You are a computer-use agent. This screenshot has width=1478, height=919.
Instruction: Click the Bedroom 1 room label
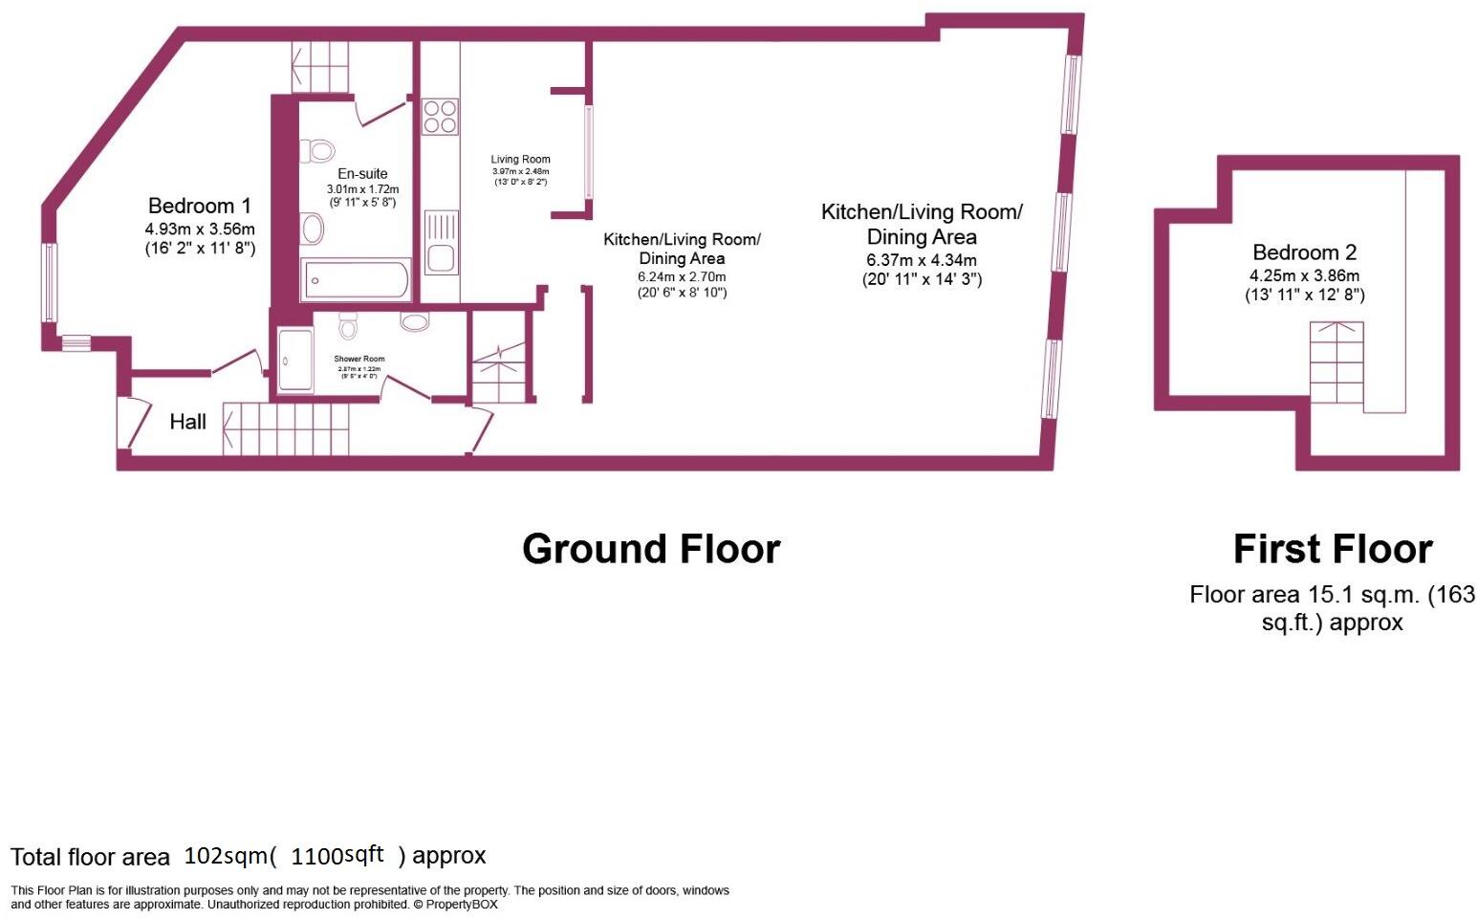pos(199,206)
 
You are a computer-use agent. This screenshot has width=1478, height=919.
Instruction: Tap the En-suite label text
pos(362,174)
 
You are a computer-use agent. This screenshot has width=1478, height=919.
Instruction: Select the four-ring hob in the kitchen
pos(440,117)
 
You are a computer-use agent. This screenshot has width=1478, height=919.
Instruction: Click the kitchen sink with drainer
pos(441,243)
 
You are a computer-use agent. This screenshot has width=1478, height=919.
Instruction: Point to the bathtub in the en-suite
pos(356,281)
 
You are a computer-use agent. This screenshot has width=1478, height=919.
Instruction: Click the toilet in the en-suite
pos(319,150)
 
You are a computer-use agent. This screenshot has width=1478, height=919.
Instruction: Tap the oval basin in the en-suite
pos(312,229)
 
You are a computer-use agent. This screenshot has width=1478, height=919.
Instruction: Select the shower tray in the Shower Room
pos(294,361)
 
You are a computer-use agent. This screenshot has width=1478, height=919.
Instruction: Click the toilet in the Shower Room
pos(348,325)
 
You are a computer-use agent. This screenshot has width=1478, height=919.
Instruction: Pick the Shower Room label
pos(359,359)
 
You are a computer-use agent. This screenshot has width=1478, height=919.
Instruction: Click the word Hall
pos(187,422)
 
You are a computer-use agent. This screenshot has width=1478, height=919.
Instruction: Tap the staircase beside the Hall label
pos(285,427)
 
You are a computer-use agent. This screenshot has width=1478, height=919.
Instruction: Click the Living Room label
pos(520,160)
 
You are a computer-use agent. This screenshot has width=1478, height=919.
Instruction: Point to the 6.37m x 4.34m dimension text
pos(921,260)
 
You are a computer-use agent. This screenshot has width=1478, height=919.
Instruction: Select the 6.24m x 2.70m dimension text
pos(682,276)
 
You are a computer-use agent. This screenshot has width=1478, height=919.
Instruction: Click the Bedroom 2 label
pos(1304,252)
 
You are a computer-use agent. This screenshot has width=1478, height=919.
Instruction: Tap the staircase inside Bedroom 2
pos(1336,363)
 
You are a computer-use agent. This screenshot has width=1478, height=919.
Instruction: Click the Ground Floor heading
pos(651,549)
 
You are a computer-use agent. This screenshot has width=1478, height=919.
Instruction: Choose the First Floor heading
pos(1332,549)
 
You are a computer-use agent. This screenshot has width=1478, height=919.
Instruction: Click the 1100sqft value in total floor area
pos(337,855)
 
